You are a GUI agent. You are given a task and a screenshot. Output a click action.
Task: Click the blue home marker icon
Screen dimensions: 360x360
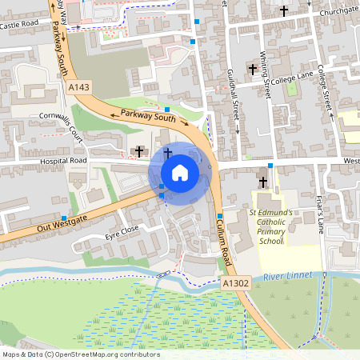(180, 172)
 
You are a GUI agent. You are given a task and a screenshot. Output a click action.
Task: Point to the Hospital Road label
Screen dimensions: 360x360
(63, 161)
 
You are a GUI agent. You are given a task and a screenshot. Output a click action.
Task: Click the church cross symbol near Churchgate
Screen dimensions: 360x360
(284, 10)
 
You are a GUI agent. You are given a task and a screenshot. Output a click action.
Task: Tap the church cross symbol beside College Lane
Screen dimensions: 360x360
(252, 70)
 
